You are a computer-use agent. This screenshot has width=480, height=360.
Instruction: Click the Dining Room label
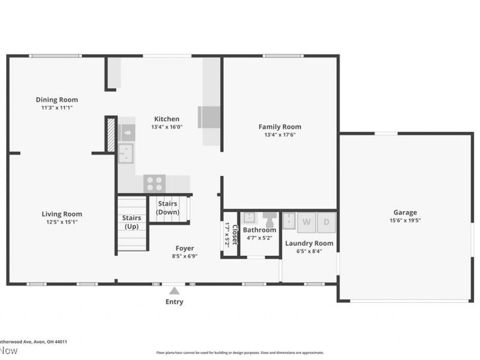pos(57,100)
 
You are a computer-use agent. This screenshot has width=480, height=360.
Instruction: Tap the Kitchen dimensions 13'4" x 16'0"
pos(166,127)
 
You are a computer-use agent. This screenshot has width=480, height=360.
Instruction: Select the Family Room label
pos(280,127)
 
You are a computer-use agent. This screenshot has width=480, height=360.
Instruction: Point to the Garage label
pos(405,212)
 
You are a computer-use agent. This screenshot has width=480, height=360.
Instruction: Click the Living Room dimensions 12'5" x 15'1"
pos(62,222)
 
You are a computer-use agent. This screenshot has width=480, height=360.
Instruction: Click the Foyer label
pos(185,248)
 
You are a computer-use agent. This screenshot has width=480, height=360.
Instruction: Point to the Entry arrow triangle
pos(174,290)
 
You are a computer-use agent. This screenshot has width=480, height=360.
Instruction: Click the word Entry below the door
pos(174,302)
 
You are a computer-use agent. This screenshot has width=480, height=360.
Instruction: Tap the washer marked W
pos(307,222)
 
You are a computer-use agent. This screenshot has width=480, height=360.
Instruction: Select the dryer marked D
pos(326,222)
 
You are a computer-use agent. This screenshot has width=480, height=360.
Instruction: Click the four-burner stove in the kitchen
pos(155,182)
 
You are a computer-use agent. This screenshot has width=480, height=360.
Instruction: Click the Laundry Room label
pos(309,243)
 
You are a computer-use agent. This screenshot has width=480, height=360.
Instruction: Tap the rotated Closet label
pos(235,235)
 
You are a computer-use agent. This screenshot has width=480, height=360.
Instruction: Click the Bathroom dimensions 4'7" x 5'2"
pos(260,238)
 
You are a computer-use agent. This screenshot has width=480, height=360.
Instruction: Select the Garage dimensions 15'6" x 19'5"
pos(405,220)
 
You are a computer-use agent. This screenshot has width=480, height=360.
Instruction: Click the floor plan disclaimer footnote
pos(240,353)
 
